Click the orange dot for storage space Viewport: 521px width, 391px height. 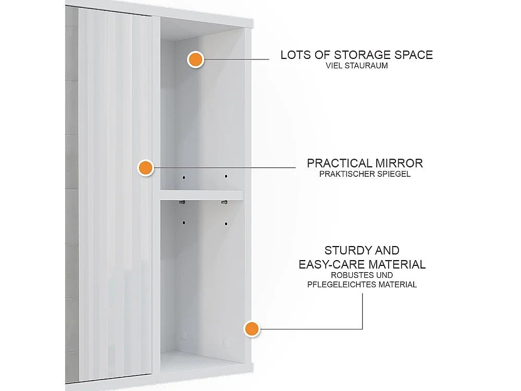[195, 59]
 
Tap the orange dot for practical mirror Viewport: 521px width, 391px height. [145, 168]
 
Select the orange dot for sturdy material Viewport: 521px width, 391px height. [252, 329]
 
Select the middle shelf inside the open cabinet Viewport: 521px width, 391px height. [202, 195]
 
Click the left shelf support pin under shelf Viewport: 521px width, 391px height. [182, 202]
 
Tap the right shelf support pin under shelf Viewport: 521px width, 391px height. [224, 202]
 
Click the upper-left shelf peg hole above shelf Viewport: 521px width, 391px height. [184, 177]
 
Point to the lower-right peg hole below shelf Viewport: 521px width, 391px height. [226, 224]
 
